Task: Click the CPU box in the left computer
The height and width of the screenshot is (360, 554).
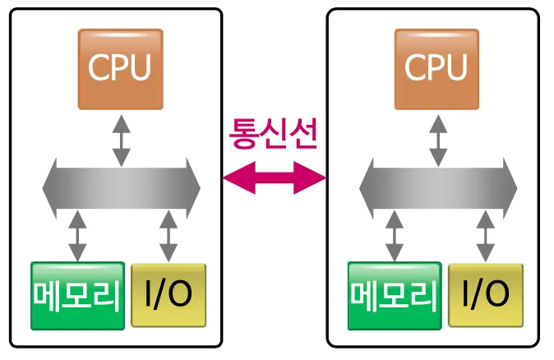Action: pyautogui.click(x=120, y=69)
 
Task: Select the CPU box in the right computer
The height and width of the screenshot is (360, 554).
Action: pyautogui.click(x=436, y=69)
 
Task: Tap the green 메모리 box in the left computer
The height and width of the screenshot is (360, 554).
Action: pyautogui.click(x=77, y=294)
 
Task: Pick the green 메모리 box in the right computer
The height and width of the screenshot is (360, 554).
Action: pyautogui.click(x=395, y=294)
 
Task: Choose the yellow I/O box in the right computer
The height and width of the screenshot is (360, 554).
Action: pyautogui.click(x=485, y=294)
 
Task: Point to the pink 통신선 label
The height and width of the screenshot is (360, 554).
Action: pyautogui.click(x=274, y=132)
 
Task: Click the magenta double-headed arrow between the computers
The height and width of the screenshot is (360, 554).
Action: pyautogui.click(x=275, y=178)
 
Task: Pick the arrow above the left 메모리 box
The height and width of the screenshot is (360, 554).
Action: pyautogui.click(x=78, y=236)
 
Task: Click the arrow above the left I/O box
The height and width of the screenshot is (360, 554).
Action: pyautogui.click(x=168, y=236)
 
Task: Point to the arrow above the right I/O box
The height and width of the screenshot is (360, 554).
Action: pyautogui.click(x=485, y=236)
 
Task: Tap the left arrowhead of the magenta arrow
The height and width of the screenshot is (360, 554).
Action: pyautogui.click(x=233, y=178)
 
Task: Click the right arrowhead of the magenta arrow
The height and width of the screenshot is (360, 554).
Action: pyautogui.click(x=316, y=178)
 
